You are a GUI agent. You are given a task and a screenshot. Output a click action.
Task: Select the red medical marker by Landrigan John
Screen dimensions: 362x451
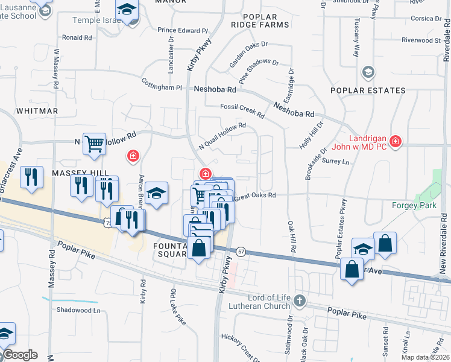click(x=395, y=142)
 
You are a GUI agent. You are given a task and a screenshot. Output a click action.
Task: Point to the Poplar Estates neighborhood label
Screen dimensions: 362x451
click(x=368, y=91)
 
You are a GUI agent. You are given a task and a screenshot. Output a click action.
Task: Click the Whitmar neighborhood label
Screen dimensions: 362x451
click(x=37, y=111)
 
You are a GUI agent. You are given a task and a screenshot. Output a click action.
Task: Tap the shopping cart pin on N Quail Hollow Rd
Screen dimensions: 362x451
click(x=94, y=144)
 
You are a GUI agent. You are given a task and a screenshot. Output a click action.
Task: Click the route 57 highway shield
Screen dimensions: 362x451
click(x=241, y=252)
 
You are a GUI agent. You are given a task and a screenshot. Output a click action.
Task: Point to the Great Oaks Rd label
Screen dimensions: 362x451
click(x=254, y=195)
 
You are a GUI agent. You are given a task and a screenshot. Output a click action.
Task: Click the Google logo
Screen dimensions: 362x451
click(x=20, y=355)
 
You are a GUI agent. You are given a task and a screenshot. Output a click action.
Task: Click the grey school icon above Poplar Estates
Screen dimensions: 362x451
click(x=367, y=73)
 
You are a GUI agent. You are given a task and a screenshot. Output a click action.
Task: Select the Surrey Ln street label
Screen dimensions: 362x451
click(x=336, y=161)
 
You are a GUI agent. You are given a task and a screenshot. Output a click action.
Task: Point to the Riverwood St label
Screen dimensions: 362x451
click(x=421, y=40)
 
